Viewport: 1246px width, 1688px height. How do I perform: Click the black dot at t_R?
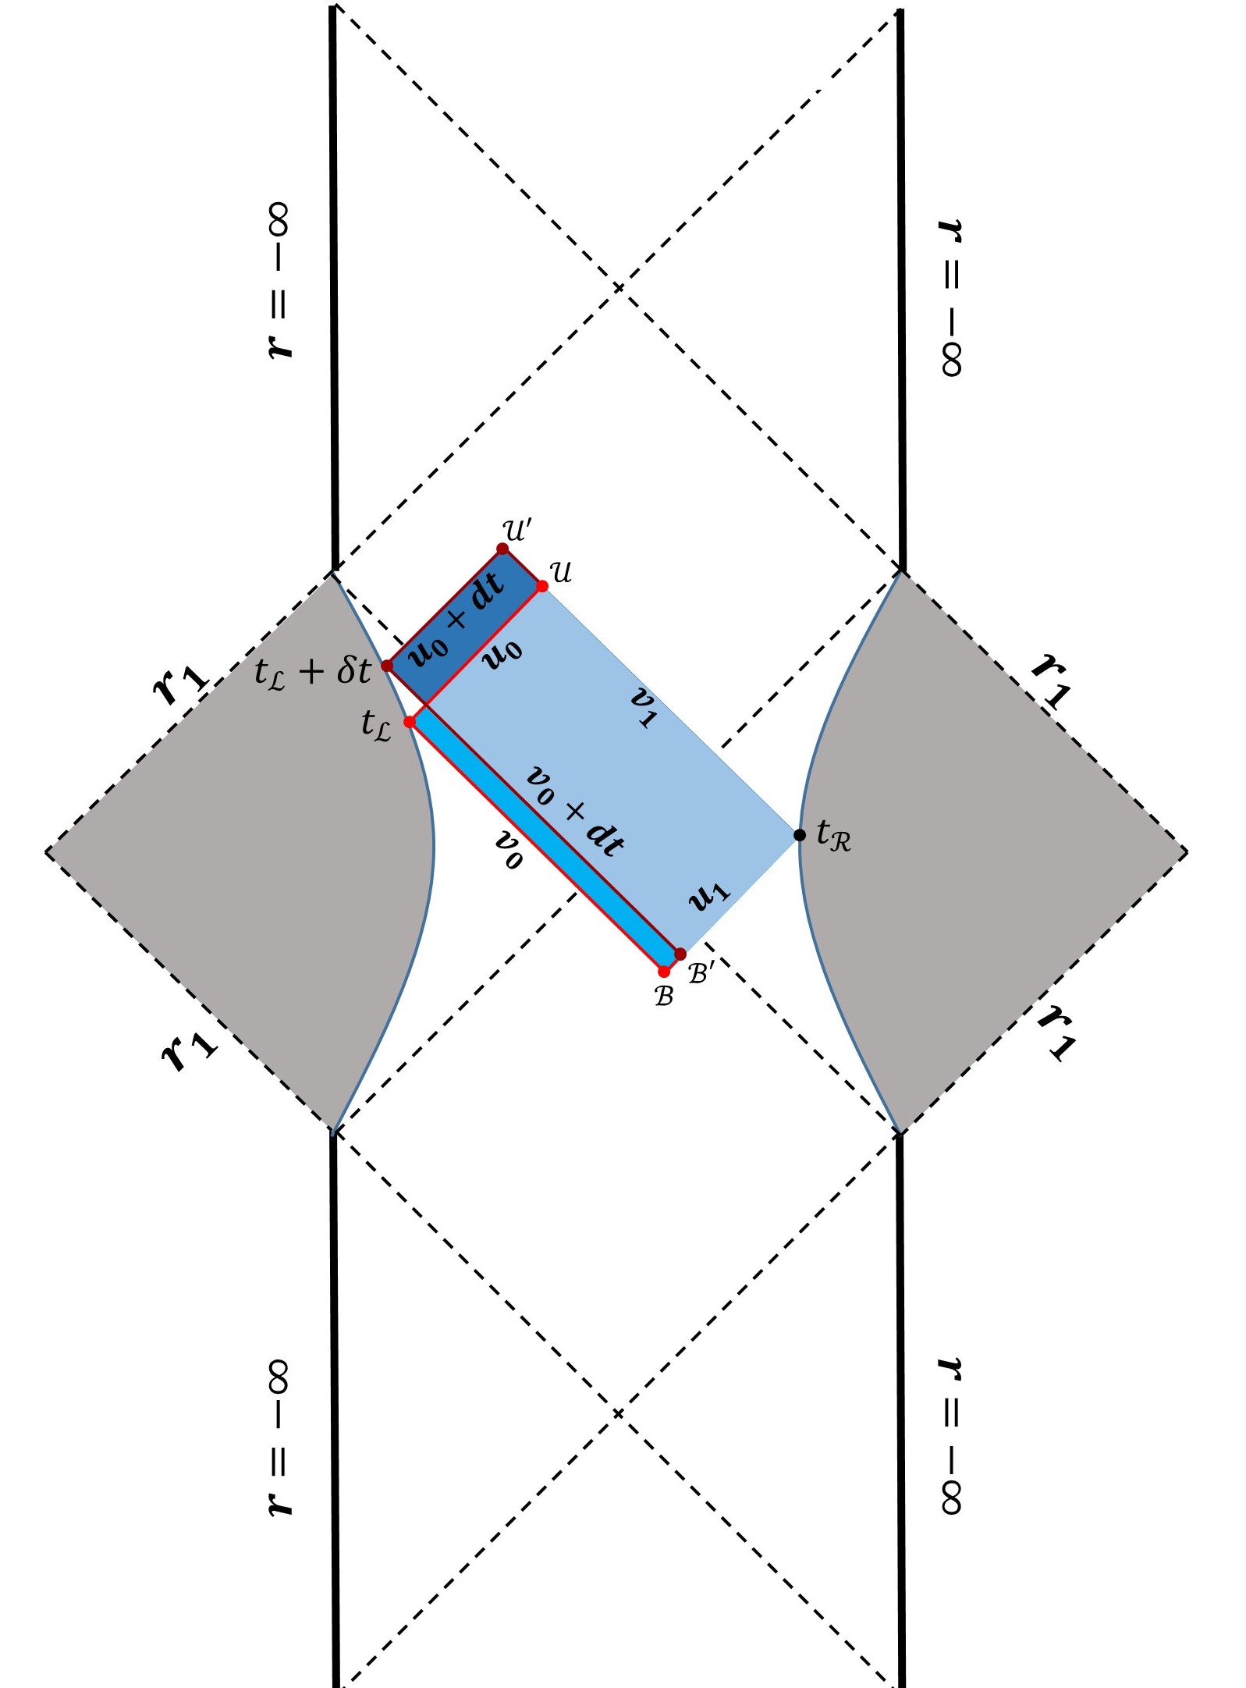pos(799,835)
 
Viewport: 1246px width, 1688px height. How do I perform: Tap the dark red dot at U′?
pos(502,549)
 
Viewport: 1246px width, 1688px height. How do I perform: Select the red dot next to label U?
pos(542,585)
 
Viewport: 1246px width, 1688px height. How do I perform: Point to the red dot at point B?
pos(664,972)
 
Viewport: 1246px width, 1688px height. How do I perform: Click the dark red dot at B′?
pos(680,954)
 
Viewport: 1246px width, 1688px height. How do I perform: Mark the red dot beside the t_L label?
pos(410,722)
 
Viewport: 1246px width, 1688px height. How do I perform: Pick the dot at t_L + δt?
pos(387,666)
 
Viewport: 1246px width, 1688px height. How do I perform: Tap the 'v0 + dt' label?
pos(576,812)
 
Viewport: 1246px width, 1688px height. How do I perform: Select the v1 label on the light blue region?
pos(644,706)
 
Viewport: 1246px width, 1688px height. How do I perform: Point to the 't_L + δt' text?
pos(312,671)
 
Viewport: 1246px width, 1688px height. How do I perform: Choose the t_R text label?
pos(833,836)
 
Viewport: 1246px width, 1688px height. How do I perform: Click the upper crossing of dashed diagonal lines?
pos(618,289)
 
